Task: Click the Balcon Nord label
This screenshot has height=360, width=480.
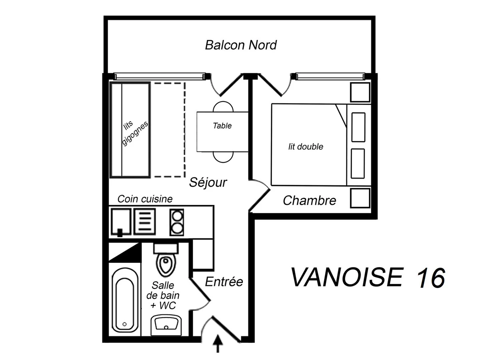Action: pos(240,45)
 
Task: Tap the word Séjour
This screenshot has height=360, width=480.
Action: pos(208,182)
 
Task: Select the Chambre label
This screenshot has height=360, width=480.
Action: pos(309,200)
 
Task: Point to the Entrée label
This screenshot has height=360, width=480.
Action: pos(224,282)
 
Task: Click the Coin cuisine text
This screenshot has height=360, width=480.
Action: pos(145,199)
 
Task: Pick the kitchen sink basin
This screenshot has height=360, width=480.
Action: pos(121,221)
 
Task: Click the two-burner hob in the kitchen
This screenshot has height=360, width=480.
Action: pos(176,222)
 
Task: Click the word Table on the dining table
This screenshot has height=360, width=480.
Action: pos(222,126)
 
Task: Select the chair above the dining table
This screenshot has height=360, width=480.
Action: pos(223,107)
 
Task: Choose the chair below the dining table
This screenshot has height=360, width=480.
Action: pos(223,157)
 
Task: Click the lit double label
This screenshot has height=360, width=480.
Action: pos(306,147)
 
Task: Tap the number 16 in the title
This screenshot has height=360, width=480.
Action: pos(430,278)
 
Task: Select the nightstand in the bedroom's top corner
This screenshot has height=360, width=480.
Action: pos(360,92)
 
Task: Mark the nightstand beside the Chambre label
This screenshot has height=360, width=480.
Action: pos(360,198)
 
